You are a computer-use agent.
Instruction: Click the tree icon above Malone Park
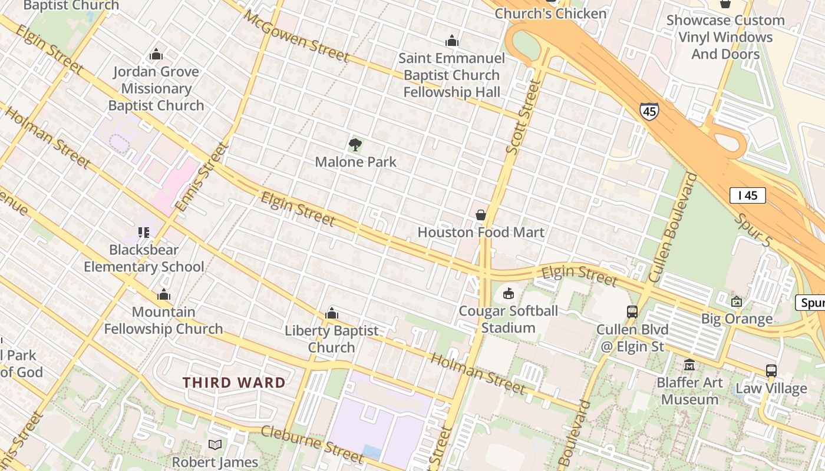pos(355,144)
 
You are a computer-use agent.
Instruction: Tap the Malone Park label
pos(355,162)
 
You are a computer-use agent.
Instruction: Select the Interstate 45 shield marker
pos(649,111)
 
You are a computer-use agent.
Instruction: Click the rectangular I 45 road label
pos(747,195)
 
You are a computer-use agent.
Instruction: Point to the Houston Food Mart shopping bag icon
pos(481,215)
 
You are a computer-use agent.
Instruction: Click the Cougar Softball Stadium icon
pos(509,293)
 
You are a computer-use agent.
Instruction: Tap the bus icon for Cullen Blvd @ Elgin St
pos(632,311)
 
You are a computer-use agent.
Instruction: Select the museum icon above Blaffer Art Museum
pos(689,365)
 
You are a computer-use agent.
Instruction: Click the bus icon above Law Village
pos(771,370)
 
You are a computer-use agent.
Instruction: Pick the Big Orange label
pos(737,319)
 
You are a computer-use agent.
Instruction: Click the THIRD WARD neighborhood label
pos(234,383)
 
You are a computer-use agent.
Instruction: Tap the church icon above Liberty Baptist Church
pos(332,313)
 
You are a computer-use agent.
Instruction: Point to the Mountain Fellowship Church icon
pos(163,294)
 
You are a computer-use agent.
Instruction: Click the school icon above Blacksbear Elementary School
pos(144,233)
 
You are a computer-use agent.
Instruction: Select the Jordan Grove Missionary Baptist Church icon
pos(156,54)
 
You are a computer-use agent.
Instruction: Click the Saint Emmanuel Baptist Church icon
pos(452,41)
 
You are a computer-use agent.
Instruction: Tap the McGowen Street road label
pos(296,37)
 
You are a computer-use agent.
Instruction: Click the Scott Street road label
pos(523,118)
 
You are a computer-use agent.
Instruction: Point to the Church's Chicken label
pos(550,14)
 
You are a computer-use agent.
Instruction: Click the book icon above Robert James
pos(215,445)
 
